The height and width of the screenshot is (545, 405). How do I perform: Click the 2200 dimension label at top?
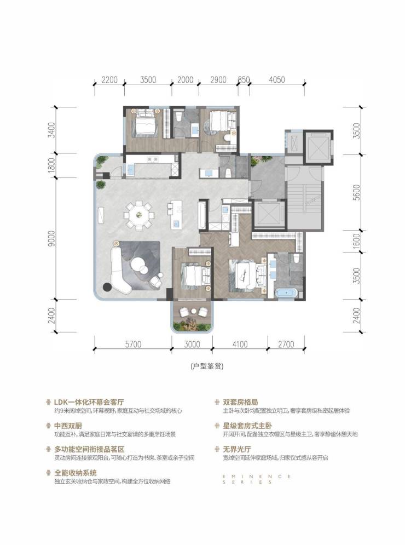[109, 79]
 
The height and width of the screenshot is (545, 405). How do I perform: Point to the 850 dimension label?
[244, 79]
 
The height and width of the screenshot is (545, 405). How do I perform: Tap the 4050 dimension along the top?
[277, 79]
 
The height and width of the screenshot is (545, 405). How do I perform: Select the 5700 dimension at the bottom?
[133, 344]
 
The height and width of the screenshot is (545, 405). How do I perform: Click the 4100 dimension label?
[240, 344]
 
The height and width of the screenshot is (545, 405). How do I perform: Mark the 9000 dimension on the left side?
[51, 238]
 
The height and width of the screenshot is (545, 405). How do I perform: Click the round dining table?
[139, 215]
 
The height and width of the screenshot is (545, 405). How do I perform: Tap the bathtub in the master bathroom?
[286, 293]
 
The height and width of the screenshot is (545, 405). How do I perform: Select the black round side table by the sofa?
[107, 287]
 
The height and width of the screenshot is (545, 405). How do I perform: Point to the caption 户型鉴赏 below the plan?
[207, 366]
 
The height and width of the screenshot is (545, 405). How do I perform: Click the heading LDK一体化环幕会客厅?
[89, 402]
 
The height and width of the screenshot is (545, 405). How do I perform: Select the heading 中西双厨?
[68, 426]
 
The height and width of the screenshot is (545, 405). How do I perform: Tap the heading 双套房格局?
[240, 402]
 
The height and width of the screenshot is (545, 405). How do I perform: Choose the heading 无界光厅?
[237, 449]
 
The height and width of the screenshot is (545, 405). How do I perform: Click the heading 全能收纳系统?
[75, 473]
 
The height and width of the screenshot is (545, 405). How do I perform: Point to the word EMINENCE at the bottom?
[257, 476]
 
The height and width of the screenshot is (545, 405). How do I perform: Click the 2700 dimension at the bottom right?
[286, 344]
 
